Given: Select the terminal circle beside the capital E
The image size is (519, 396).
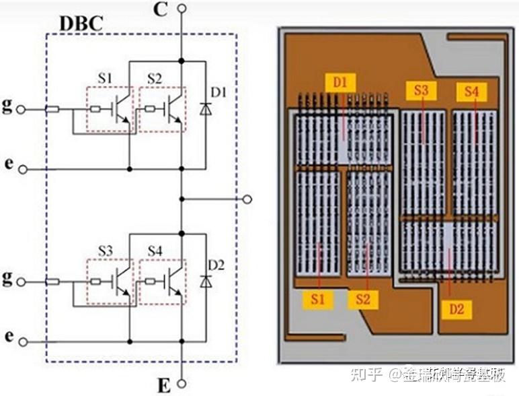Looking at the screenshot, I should [x=182, y=385].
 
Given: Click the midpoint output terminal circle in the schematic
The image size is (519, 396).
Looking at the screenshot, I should [x=247, y=199].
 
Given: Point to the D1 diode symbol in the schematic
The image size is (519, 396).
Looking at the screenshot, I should [x=204, y=108].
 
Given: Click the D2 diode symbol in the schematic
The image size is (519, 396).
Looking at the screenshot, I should [x=204, y=281].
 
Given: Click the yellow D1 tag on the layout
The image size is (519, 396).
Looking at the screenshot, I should [x=340, y=83].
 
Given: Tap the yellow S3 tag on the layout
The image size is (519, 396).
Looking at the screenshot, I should [x=421, y=90].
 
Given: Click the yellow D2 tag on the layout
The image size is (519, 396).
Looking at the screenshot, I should [x=456, y=309].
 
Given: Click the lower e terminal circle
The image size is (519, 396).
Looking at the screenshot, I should [x=23, y=342].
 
